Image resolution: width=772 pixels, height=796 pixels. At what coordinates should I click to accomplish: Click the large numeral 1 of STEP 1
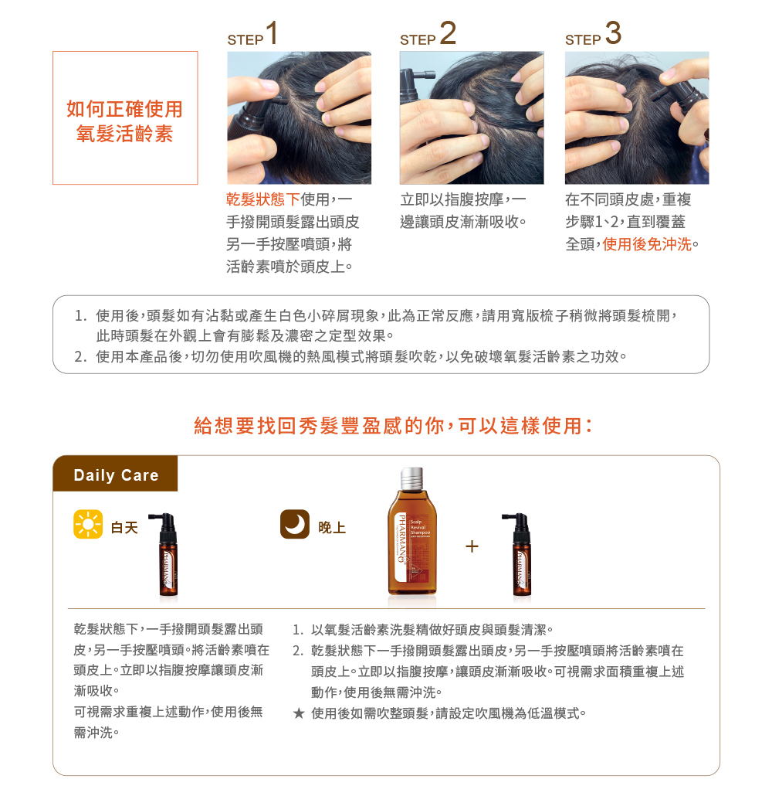[x=272, y=33]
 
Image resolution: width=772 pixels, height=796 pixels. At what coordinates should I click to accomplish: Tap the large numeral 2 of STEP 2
[x=448, y=33]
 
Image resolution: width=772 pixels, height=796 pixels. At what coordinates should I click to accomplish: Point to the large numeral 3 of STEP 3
[x=613, y=33]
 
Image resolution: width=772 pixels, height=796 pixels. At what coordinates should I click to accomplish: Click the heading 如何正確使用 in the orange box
[x=125, y=109]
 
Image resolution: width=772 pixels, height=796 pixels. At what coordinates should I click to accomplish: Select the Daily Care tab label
[x=116, y=475]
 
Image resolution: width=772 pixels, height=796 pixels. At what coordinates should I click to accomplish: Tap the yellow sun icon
[x=88, y=524]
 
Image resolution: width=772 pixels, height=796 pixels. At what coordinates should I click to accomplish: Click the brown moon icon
[x=295, y=524]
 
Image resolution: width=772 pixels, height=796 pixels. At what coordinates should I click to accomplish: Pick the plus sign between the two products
[x=472, y=546]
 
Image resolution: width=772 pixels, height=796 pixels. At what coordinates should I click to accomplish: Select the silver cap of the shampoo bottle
[x=412, y=478]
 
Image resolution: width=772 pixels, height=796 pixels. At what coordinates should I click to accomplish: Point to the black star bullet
[x=299, y=713]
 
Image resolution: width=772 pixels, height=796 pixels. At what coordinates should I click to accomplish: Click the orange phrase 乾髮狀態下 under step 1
[x=262, y=199]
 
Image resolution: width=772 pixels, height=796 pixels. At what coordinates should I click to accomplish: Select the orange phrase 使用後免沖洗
[x=647, y=244]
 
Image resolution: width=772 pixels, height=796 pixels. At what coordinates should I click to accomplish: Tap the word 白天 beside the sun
[x=124, y=528]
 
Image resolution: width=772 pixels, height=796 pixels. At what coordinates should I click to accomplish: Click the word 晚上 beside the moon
[x=332, y=528]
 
